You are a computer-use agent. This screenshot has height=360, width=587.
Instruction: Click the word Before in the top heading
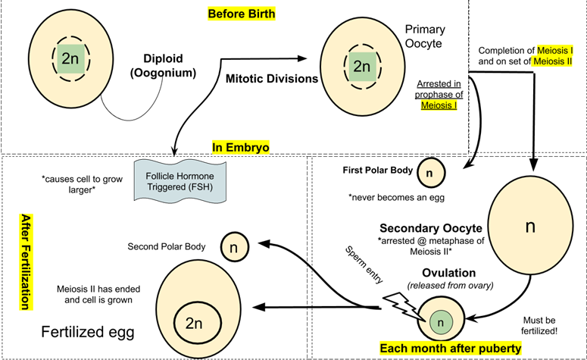226,14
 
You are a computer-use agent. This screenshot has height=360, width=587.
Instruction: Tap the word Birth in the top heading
260,14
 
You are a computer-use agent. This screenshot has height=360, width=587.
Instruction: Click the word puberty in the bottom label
495,349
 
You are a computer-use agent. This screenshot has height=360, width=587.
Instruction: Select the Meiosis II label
553,61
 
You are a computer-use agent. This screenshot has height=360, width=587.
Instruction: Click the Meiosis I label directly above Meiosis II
554,50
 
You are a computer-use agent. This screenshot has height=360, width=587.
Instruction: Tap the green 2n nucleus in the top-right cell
362,66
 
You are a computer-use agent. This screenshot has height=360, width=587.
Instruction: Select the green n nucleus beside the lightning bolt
440,323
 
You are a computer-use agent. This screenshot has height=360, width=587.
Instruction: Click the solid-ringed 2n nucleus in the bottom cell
194,324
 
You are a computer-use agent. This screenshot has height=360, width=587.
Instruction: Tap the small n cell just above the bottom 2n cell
234,247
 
